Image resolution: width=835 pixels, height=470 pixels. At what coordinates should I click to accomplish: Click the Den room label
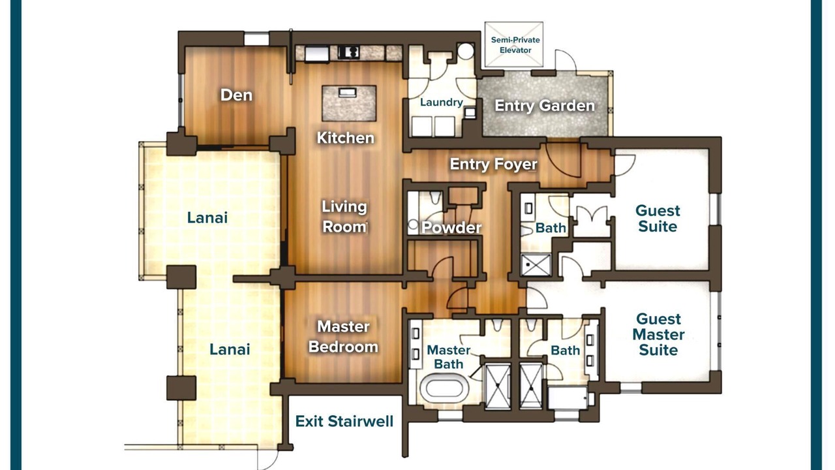[x=236, y=95]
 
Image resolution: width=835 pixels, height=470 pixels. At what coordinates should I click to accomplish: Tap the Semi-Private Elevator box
[x=513, y=44]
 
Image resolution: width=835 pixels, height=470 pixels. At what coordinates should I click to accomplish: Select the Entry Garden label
[x=545, y=106]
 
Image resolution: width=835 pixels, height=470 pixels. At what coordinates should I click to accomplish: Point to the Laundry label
[x=442, y=102]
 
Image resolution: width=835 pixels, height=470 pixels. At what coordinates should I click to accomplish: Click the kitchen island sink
[x=348, y=92]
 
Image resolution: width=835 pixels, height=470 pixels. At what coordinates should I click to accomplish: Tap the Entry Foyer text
[x=494, y=164]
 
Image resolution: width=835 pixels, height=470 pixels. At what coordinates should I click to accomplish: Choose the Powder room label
[x=451, y=228]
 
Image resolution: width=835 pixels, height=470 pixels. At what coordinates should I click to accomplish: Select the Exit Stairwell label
[x=344, y=422]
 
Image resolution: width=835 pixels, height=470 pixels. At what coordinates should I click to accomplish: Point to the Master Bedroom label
[x=343, y=337]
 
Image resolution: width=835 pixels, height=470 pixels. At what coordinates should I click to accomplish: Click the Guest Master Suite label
[x=658, y=335]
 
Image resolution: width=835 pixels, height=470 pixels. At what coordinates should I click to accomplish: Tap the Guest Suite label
[x=658, y=219]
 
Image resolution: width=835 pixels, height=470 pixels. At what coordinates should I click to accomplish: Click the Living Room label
[x=344, y=217]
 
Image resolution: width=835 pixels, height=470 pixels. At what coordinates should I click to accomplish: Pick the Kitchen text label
[x=345, y=138]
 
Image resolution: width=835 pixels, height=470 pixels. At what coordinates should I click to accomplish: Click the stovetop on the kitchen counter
[x=349, y=52]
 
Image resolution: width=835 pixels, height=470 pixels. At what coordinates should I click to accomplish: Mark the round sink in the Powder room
[x=413, y=224]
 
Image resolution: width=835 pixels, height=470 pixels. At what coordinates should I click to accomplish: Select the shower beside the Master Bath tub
[x=497, y=387]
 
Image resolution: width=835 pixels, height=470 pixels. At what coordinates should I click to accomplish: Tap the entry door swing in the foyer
[x=563, y=161]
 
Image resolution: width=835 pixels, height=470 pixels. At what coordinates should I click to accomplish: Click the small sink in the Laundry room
[x=470, y=112]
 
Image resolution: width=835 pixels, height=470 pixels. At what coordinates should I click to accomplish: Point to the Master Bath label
[x=448, y=357]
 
